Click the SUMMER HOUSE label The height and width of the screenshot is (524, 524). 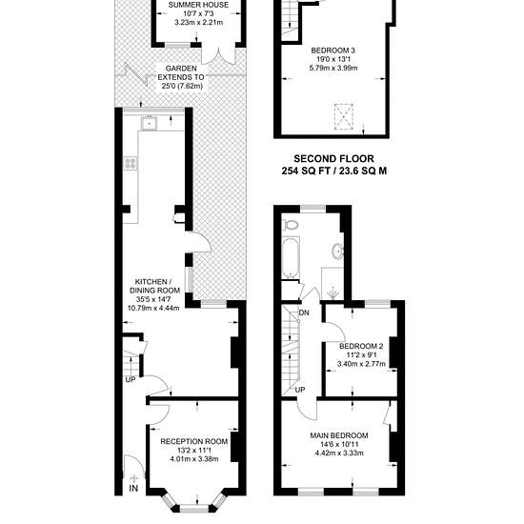click(x=198, y=5)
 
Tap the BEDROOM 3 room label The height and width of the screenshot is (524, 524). click(x=333, y=50)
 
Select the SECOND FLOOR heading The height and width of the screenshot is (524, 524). click(x=333, y=158)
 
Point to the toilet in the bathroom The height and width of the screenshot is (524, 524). click(x=290, y=225)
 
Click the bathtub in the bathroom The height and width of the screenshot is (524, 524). click(x=291, y=257)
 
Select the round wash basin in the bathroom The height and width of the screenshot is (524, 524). click(x=338, y=251)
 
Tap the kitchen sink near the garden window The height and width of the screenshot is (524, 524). click(x=149, y=123)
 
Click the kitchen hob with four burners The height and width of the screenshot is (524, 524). click(x=131, y=164)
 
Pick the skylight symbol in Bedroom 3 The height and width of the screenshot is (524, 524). click(x=344, y=116)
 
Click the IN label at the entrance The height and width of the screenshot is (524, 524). click(x=133, y=488)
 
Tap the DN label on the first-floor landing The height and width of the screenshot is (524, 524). click(x=304, y=313)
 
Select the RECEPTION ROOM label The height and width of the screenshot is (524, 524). click(x=193, y=441)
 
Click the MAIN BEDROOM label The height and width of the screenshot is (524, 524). click(x=339, y=435)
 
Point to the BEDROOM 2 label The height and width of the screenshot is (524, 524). click(x=361, y=346)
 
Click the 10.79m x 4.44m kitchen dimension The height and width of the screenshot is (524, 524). click(x=153, y=308)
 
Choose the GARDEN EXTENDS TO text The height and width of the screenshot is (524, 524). click(x=181, y=72)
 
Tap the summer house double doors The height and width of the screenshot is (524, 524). click(x=218, y=55)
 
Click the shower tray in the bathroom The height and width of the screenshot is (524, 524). click(x=332, y=283)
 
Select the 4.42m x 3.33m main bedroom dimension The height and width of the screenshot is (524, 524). click(x=339, y=453)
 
